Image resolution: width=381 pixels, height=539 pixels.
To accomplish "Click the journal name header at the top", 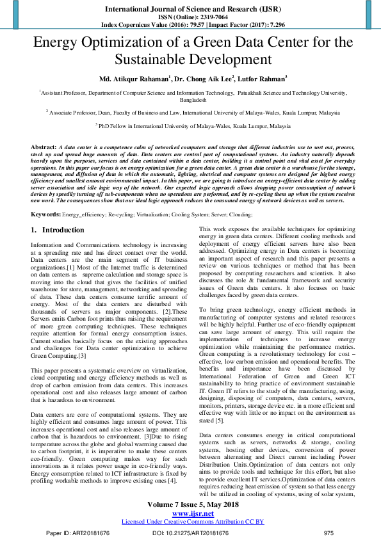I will (190, 10).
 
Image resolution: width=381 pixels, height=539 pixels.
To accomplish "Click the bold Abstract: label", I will (44, 147).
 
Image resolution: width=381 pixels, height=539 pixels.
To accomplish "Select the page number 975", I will (329, 533).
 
